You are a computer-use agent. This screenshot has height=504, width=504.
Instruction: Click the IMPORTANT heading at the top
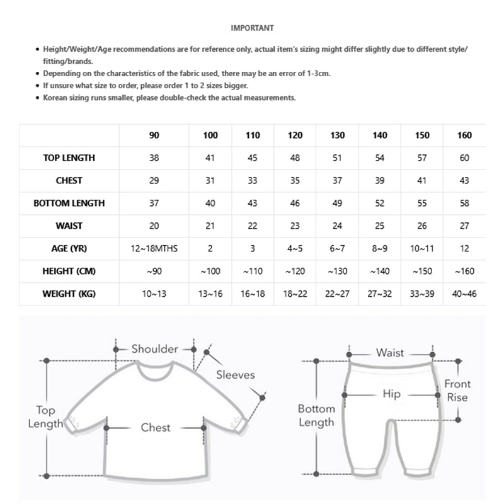click(252, 28)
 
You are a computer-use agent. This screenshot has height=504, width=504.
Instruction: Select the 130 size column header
click(337, 135)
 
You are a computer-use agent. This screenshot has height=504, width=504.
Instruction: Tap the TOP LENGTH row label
click(69, 158)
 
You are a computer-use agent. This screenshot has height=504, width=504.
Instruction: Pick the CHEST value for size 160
click(465, 181)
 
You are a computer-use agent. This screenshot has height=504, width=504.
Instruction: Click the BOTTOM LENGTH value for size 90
click(154, 203)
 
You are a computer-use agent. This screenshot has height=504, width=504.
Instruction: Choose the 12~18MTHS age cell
click(154, 249)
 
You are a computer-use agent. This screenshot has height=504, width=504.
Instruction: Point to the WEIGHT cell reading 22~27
click(337, 294)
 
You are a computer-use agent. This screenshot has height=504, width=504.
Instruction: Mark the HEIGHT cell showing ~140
click(379, 272)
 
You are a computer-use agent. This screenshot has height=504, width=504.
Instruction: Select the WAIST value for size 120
click(295, 226)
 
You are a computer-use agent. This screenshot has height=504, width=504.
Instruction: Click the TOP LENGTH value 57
click(422, 158)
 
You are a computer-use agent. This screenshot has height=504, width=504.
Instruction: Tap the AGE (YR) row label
click(69, 249)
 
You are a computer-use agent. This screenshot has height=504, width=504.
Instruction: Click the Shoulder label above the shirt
click(154, 349)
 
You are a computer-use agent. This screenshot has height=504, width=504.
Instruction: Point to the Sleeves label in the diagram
click(235, 375)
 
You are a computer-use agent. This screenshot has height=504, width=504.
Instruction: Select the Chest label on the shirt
click(156, 428)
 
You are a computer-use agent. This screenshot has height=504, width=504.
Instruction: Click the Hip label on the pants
click(392, 394)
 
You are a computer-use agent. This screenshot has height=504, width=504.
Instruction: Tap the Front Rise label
click(457, 391)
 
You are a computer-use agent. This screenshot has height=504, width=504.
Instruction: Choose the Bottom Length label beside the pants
click(316, 416)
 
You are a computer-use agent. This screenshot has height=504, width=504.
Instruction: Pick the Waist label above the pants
click(390, 353)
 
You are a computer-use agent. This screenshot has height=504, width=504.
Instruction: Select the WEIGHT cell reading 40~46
click(465, 294)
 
